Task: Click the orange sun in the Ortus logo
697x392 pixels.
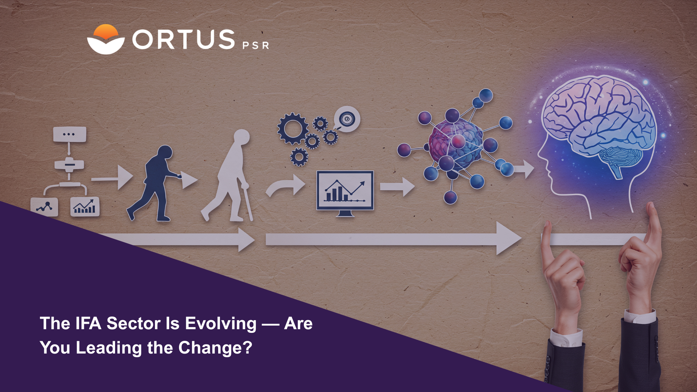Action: tap(106, 31)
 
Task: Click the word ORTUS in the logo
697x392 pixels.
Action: tap(184, 39)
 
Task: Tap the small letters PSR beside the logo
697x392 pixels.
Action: tap(256, 45)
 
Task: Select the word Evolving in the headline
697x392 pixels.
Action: tap(221, 324)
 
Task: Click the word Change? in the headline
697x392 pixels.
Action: tap(215, 348)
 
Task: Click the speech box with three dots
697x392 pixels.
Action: tap(69, 134)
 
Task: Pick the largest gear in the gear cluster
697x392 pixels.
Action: tap(292, 128)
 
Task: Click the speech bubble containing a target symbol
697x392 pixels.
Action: tap(347, 119)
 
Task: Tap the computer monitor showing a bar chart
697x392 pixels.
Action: tap(345, 193)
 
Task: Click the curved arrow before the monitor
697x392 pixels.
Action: tap(285, 185)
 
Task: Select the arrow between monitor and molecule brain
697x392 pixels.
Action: tap(397, 187)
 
